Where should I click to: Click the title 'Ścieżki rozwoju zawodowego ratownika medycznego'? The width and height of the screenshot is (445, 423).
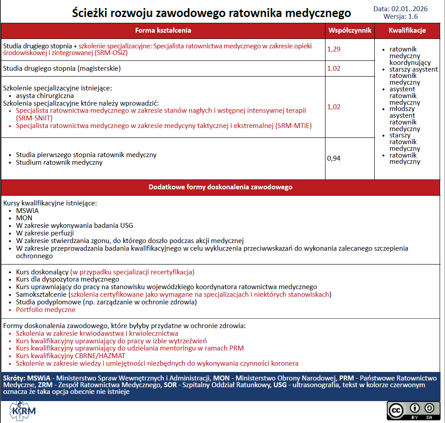[211, 13]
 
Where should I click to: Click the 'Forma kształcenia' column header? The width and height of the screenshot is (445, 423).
[163, 30]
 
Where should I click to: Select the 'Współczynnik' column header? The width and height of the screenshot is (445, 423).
[350, 30]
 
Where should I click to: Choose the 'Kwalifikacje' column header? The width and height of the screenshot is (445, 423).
[407, 30]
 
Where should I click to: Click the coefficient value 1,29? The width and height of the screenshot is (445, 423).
[334, 49]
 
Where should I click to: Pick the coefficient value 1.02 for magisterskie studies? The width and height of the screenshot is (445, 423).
[334, 68]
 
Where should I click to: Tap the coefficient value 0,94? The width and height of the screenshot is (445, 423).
[334, 158]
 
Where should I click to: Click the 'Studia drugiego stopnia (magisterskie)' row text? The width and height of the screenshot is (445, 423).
[62, 68]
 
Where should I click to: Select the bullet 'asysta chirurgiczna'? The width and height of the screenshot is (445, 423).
[45, 95]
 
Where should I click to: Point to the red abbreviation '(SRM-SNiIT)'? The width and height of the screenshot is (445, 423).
[34, 118]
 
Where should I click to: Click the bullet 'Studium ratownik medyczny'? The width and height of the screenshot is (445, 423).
[59, 162]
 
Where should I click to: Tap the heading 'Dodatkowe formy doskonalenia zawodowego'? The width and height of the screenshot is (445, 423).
[220, 187]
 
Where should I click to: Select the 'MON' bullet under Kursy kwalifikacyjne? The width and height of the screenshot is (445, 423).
[24, 218]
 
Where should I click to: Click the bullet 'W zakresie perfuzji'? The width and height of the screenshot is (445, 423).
[45, 233]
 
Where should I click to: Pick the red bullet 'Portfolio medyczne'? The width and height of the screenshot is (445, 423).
[46, 310]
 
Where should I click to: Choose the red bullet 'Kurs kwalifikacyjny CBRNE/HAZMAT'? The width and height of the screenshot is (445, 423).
[70, 355]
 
